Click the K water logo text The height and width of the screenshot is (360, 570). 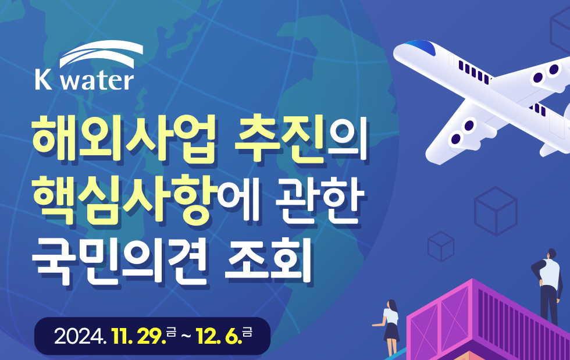[x=84, y=80]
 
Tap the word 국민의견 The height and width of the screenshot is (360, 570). [x=119, y=261]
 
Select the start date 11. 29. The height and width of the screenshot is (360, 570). [x=139, y=336]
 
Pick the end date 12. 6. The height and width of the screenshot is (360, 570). [x=219, y=336]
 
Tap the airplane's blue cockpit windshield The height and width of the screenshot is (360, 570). [x=421, y=47]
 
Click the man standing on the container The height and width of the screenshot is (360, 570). [x=547, y=287]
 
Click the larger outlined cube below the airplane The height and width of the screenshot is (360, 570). [x=496, y=211]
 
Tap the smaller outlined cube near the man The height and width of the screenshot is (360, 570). [x=441, y=246]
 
